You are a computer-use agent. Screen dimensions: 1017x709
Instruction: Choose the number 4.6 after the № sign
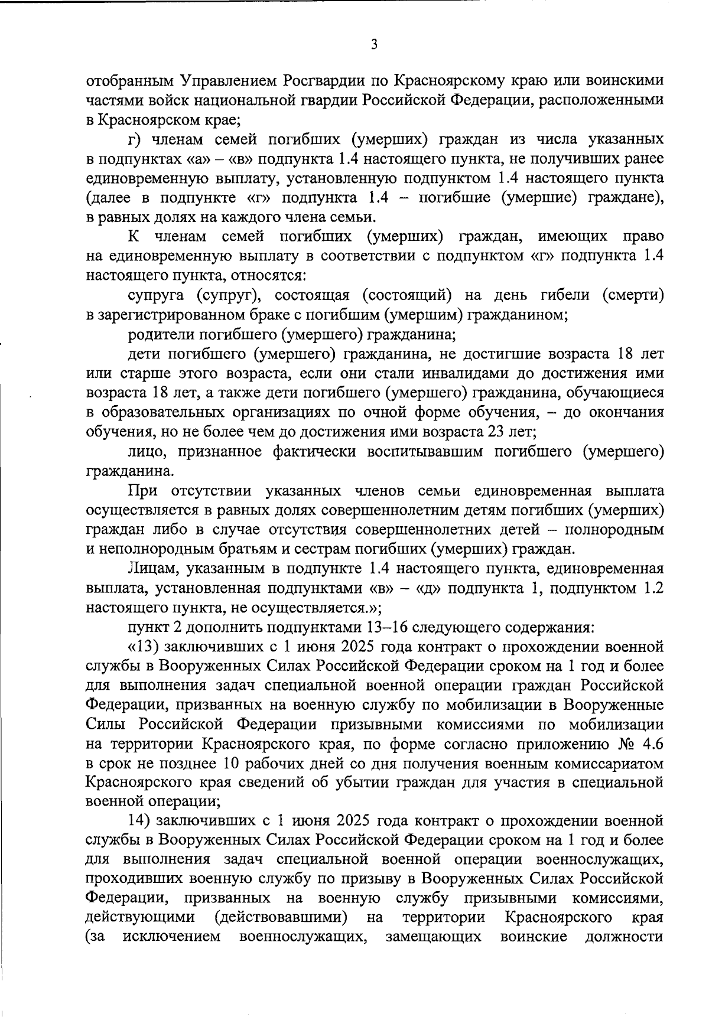tap(650, 744)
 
